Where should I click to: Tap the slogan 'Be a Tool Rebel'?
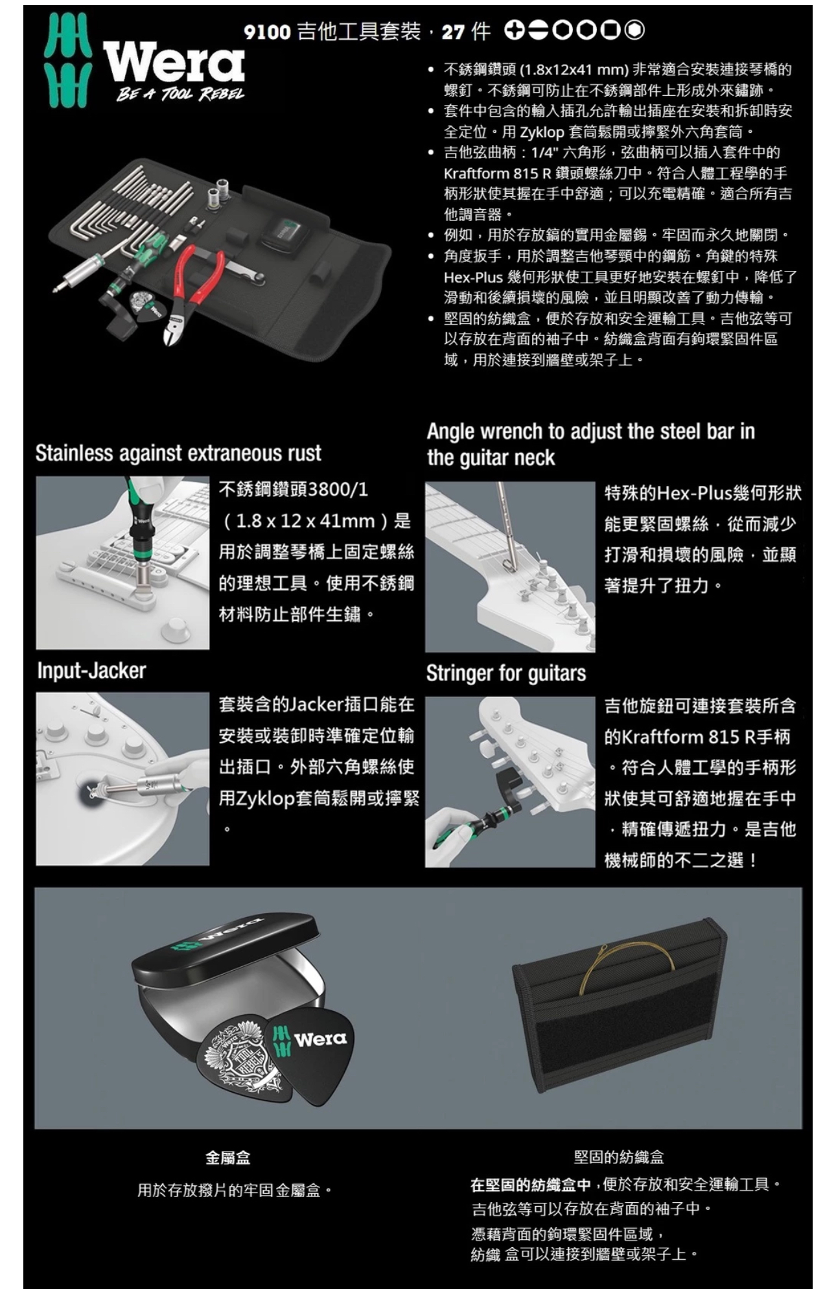click(181, 95)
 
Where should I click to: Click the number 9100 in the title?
click(267, 31)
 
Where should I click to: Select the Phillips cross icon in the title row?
click(515, 30)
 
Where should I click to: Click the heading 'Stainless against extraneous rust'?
click(178, 453)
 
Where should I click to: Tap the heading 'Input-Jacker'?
click(91, 671)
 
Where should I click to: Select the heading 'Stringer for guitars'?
click(506, 673)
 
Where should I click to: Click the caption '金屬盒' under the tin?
click(227, 1157)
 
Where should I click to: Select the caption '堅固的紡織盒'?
click(619, 1157)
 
